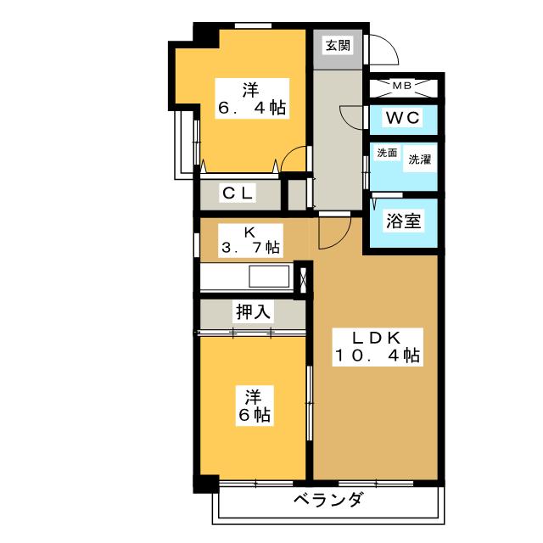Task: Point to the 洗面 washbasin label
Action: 387,154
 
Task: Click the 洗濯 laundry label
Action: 418,159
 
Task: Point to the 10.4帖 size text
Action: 376,356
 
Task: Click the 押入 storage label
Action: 252,311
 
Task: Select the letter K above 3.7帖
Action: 249,230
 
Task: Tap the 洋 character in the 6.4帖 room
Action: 251,88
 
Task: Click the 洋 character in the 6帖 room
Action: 252,396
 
